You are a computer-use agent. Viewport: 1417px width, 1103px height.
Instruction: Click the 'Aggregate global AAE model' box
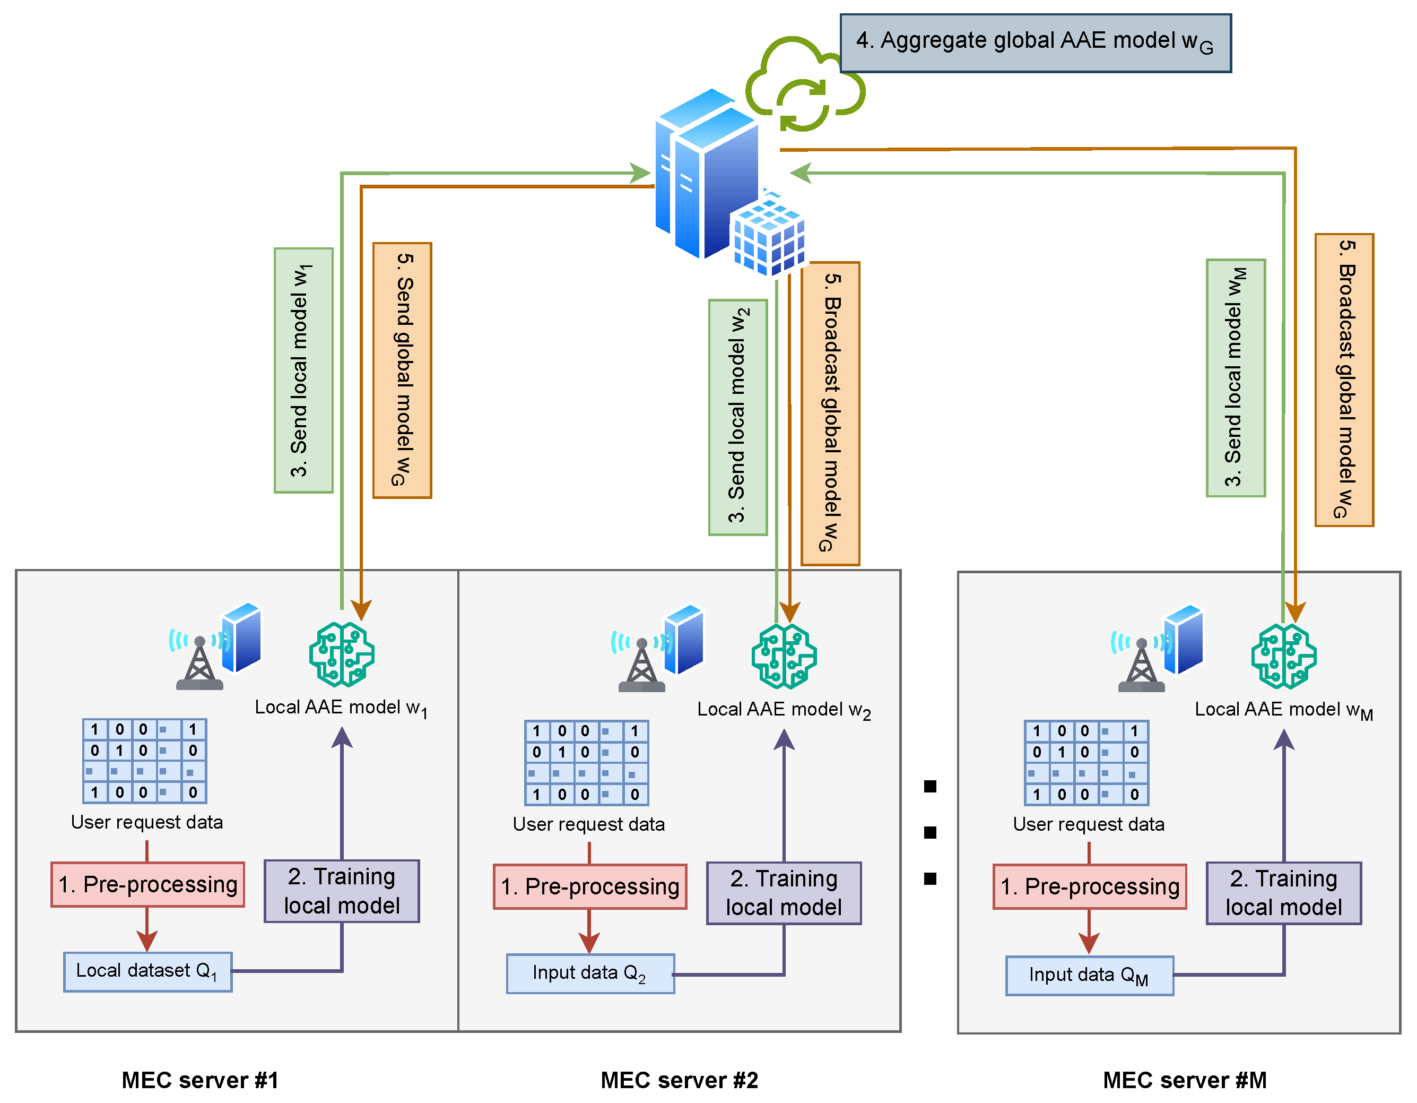1035,43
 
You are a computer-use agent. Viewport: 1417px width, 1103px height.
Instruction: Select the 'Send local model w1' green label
303,370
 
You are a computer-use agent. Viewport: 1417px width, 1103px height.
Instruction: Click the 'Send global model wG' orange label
402,370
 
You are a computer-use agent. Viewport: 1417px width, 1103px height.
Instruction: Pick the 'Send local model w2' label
738,417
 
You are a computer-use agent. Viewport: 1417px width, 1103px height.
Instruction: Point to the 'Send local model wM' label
1236,378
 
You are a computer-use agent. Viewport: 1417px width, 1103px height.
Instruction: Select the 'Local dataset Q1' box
147,972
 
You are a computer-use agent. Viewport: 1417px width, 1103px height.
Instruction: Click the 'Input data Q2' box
590,973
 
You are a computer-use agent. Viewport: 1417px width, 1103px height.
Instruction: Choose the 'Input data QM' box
1089,975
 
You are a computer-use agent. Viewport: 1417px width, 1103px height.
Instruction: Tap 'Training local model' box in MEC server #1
342,891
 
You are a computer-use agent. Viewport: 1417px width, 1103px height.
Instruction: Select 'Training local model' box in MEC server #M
1283,893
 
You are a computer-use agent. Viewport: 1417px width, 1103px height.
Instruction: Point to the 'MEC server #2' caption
679,1080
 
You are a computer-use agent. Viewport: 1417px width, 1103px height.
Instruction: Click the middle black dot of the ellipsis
930,832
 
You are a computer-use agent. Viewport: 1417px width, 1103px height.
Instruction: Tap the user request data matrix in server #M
1086,762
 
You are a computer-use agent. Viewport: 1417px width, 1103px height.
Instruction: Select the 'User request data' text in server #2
588,824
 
